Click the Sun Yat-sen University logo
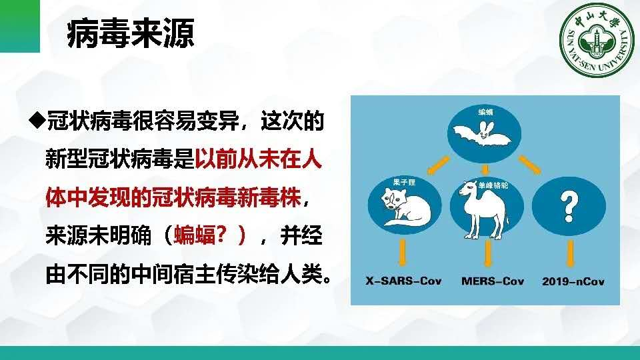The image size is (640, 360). click(597, 41)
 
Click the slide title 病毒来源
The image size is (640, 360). click(131, 33)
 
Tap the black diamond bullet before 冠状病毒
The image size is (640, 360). click(37, 121)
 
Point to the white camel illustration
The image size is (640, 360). click(484, 210)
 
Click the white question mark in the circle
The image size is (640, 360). click(569, 207)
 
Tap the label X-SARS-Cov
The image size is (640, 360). click(403, 281)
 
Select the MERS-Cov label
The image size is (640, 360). click(492, 281)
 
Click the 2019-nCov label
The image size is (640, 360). click(573, 281)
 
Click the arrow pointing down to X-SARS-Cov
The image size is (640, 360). click(403, 253)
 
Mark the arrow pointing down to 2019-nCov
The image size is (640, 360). click(570, 253)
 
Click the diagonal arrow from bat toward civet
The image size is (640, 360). click(439, 165)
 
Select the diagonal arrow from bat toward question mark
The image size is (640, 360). click(530, 165)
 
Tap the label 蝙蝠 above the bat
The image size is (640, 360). click(485, 112)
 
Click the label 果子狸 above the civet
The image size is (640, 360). click(404, 182)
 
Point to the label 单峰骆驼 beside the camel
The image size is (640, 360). click(493, 185)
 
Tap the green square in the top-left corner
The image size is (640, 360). click(20, 26)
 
